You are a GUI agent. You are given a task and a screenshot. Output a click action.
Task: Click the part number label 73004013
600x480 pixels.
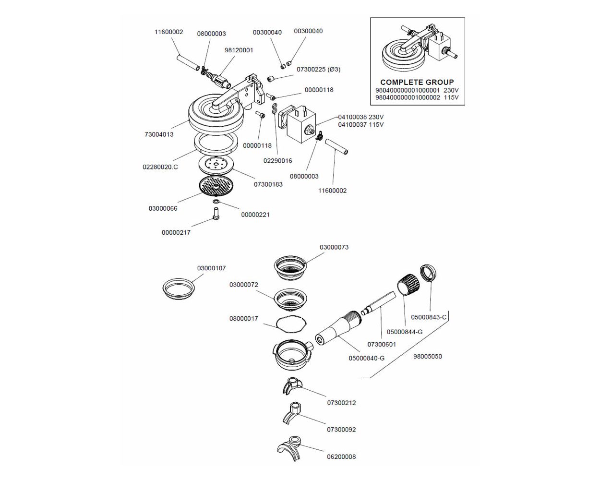(159, 134)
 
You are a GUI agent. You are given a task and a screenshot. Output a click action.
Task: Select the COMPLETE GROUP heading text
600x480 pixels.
(417, 82)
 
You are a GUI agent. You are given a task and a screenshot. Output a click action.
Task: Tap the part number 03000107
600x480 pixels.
(211, 268)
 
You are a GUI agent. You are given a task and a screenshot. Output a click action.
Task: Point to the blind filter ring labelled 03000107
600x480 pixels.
(178, 289)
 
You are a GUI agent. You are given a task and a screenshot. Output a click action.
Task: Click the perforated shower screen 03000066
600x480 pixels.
(216, 187)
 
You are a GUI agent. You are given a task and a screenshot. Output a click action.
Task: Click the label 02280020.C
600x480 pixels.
(160, 167)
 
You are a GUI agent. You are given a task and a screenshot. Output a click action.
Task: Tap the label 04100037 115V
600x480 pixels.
(360, 125)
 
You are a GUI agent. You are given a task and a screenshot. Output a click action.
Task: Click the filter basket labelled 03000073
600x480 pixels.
(290, 267)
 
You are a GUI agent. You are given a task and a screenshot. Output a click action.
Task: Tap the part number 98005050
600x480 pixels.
(427, 357)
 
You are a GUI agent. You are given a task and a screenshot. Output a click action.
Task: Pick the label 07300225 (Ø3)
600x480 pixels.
(318, 70)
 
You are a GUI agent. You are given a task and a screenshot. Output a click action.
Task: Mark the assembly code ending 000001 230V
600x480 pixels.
(417, 90)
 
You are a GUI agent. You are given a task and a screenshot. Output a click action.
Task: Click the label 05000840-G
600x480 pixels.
(366, 358)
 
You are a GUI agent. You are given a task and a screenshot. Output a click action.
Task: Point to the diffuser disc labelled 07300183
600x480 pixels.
(216, 165)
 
